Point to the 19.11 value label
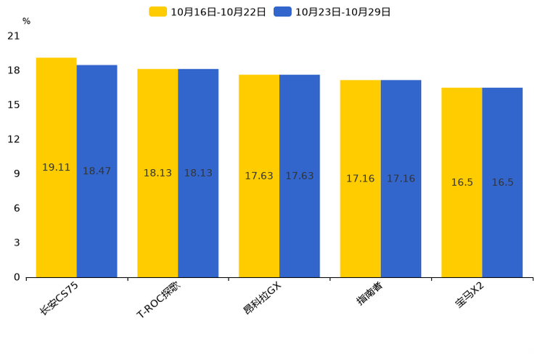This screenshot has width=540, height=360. [57, 168]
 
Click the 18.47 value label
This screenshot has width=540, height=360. [97, 171]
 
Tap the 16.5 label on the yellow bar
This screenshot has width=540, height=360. [462, 183]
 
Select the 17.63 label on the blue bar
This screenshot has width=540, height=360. [299, 176]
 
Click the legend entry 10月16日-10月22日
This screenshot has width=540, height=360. [208, 12]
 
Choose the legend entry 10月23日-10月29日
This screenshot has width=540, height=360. [333, 12]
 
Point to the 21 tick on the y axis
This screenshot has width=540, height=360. [14, 36]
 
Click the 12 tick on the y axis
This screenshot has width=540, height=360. [14, 139]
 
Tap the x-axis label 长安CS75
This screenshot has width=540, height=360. [60, 298]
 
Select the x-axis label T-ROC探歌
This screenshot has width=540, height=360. [157, 300]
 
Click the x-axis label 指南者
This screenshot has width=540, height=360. [369, 293]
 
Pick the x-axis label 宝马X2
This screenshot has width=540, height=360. [470, 295]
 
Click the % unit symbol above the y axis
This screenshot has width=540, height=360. [26, 22]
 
